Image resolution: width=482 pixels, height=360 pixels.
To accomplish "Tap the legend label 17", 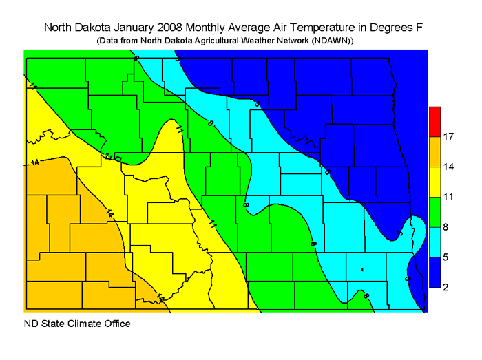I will click(x=448, y=137).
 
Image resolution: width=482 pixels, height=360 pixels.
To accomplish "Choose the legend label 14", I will click(x=448, y=167).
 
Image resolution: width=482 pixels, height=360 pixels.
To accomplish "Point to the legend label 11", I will click(x=448, y=197).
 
